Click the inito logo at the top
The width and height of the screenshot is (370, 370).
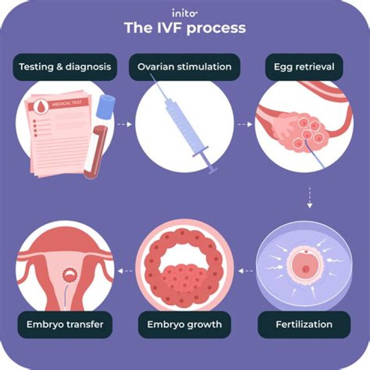[x=184, y=12]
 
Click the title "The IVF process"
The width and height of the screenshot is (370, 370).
[x=184, y=28]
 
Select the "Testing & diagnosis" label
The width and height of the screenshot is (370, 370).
[x=65, y=67]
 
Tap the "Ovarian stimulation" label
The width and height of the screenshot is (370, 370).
[x=184, y=67]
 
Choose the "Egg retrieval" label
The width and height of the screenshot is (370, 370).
[x=304, y=67]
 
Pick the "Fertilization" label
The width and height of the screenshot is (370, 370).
[x=304, y=325]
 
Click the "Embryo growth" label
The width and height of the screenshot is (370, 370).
[x=184, y=325]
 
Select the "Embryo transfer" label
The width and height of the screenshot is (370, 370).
[x=65, y=325]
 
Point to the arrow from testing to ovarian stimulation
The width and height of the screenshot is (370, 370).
[x=124, y=124]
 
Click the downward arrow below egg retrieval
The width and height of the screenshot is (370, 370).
[x=309, y=197]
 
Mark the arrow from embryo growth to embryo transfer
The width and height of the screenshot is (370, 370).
[x=124, y=270]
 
